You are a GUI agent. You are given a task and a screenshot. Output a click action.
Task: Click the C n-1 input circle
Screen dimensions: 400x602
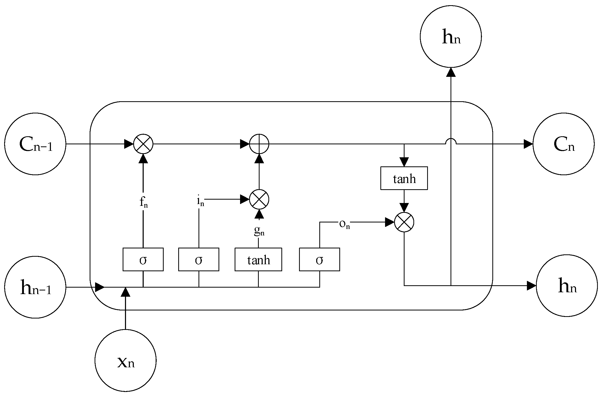coord(35,144)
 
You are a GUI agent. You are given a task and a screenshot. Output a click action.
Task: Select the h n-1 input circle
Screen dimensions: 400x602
coord(35,287)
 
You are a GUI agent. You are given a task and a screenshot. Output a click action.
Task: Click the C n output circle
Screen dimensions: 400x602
coord(563,144)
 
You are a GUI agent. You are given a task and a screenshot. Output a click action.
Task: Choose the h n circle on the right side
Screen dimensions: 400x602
coord(567,286)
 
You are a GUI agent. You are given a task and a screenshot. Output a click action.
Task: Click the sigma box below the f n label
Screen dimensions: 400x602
coord(143,259)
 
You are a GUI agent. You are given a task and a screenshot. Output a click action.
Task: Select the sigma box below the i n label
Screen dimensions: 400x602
coord(199,259)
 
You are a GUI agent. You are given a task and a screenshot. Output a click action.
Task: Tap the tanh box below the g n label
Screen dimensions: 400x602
coord(258,259)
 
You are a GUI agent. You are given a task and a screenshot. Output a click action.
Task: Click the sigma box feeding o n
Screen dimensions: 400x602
coord(319,259)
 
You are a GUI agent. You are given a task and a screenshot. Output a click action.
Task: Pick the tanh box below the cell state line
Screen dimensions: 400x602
coord(404,178)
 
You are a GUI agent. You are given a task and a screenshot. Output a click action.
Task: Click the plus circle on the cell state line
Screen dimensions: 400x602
coord(259,144)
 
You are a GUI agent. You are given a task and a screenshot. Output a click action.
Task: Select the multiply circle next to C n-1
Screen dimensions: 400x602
coord(143,144)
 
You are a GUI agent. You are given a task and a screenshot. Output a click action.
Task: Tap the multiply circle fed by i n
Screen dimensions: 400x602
coord(259,199)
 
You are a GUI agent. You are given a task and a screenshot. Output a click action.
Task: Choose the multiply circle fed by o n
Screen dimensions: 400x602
coord(404,222)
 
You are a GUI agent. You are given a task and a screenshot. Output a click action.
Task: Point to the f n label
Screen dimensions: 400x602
coord(143,202)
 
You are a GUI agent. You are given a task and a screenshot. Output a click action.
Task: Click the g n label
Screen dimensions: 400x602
coord(259,231)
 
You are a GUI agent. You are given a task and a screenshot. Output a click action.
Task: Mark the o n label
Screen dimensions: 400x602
coord(345,224)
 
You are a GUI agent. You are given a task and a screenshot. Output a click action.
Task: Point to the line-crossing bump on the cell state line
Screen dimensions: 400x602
coord(451,141)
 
